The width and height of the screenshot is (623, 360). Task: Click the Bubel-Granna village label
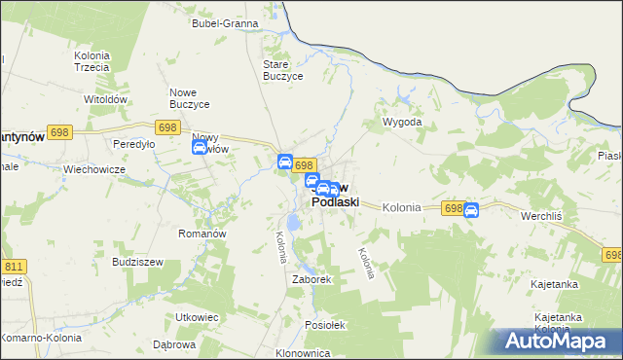click(x=225, y=22)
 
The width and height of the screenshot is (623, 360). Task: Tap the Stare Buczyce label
click(x=283, y=70)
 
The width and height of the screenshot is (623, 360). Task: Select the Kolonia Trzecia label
click(x=91, y=61)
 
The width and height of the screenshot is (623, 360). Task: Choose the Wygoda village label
click(x=402, y=123)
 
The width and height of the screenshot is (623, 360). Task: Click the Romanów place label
click(x=202, y=234)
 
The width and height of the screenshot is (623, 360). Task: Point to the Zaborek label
click(x=312, y=279)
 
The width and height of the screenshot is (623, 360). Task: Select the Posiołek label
click(x=325, y=326)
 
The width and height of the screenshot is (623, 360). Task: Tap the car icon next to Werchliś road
click(x=471, y=210)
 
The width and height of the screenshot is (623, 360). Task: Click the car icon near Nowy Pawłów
click(x=200, y=148)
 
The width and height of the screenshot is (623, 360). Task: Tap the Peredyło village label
click(x=134, y=144)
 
